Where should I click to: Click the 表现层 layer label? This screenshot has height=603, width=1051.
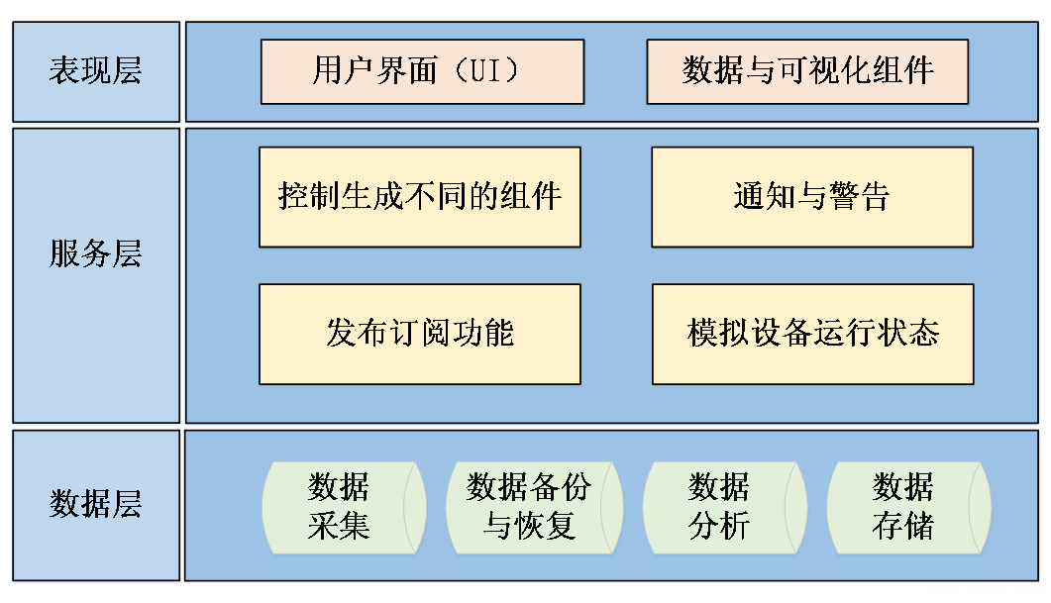[95, 71]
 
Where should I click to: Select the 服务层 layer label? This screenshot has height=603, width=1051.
[95, 254]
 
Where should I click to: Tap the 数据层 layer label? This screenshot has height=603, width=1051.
[95, 504]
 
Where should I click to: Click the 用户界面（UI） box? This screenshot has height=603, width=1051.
[422, 71]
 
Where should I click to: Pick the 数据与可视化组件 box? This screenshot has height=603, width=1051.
[807, 71]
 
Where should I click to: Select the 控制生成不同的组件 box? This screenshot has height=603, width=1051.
[420, 196]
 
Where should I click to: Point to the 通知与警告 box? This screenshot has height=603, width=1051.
[811, 196]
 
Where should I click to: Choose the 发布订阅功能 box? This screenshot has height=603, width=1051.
[420, 333]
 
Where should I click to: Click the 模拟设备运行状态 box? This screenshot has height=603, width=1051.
[812, 333]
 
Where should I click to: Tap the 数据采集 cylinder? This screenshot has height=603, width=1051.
[340, 505]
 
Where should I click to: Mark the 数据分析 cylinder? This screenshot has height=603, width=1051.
[719, 505]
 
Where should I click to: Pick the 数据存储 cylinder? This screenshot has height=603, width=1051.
[903, 505]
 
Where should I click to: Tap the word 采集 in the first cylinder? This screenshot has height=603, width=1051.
[340, 525]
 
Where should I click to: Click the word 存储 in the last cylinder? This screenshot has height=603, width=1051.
[903, 525]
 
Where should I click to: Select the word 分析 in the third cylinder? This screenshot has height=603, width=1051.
[719, 525]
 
